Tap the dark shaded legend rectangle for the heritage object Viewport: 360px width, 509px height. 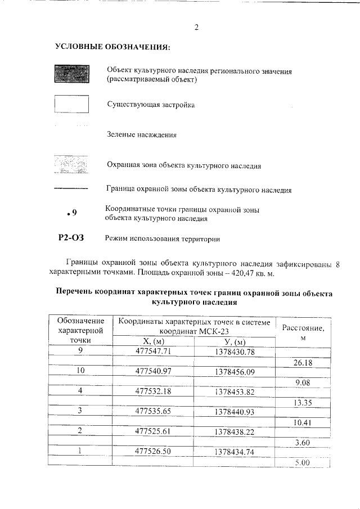point(71,75)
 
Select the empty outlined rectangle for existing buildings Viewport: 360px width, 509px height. point(71,105)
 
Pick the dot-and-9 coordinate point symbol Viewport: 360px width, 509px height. point(71,213)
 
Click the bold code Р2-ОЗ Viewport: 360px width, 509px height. point(71,238)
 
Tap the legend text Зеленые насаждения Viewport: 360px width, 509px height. point(142,134)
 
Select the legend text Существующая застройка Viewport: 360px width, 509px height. point(151,105)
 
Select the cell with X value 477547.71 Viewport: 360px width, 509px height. point(153,352)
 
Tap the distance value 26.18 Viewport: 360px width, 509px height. point(303,362)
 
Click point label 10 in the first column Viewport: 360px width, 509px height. point(80,371)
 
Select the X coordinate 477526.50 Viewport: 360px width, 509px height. point(153,451)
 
